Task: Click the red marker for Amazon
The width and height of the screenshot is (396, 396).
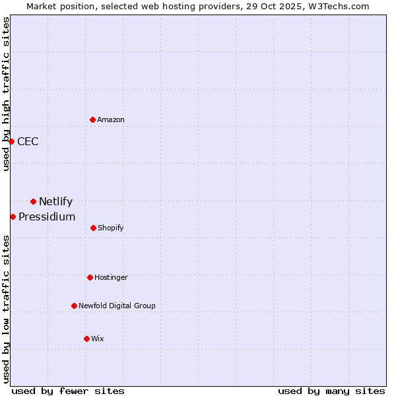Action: (92, 119)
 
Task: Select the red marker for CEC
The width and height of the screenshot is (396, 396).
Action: (11, 141)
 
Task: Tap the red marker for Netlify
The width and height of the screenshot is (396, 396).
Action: (33, 201)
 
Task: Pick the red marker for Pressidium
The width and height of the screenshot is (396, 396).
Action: (13, 216)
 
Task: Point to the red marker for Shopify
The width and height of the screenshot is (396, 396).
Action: (93, 228)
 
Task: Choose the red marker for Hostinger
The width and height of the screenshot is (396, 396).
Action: (90, 277)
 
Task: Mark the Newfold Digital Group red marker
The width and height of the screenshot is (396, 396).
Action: (74, 306)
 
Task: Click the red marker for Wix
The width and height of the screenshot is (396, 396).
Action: (86, 339)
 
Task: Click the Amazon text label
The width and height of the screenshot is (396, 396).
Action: (111, 119)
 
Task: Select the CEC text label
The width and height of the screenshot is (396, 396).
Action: (28, 141)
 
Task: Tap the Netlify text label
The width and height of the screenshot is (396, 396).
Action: (55, 201)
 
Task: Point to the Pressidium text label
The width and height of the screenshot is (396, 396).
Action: (47, 216)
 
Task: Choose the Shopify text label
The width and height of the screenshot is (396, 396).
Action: (111, 228)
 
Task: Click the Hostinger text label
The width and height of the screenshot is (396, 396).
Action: (111, 277)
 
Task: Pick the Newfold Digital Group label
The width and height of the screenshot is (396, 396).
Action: (117, 306)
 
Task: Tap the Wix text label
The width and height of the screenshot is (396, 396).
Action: (98, 339)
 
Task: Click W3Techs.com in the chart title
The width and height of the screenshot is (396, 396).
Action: (337, 6)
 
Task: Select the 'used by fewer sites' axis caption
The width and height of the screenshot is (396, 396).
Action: (68, 391)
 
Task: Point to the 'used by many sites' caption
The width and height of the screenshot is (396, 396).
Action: (331, 391)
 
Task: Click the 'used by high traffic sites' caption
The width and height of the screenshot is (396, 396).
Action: (6, 94)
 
